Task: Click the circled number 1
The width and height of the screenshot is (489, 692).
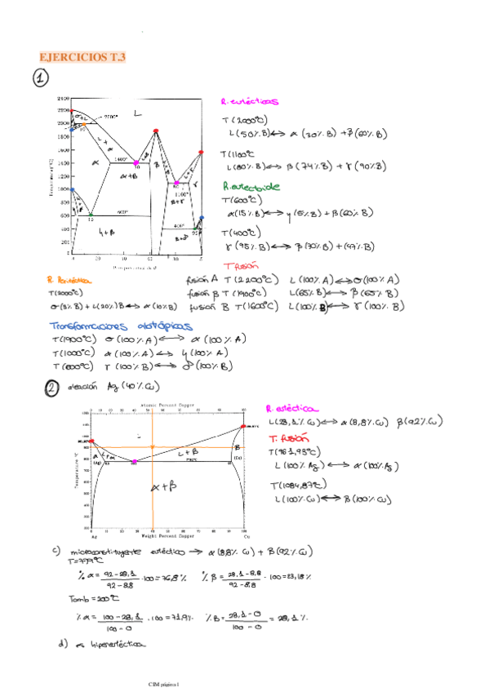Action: point(41,79)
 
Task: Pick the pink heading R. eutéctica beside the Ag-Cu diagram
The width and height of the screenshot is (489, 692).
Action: point(292,409)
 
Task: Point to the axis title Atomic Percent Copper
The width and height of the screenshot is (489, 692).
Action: point(164,406)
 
